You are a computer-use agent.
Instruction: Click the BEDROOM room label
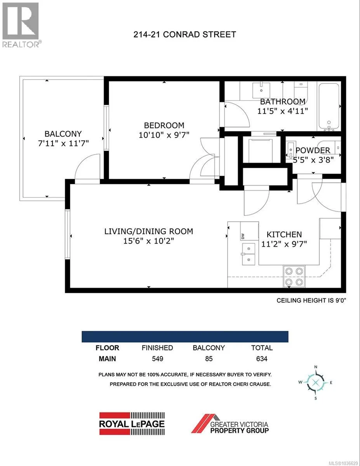pos(164,125)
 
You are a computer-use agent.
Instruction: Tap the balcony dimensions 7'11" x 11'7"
pos(63,143)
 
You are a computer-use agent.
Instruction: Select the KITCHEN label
pos(284,235)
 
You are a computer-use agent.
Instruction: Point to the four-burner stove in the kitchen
pos(294,276)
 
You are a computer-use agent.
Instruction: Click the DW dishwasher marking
pos(243,236)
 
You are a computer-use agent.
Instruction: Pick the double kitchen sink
pos(249,254)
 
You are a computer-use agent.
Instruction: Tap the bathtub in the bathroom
pos(329,106)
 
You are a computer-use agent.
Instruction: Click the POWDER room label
pos(313,150)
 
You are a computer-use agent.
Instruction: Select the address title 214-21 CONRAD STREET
pos(184,34)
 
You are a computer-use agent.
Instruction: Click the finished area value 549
pos(158,358)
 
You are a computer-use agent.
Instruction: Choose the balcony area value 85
pos(209,358)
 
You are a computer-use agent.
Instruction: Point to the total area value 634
pos(262,358)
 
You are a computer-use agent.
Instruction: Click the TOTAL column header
pos(262,348)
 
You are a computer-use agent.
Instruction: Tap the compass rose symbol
pos(315,383)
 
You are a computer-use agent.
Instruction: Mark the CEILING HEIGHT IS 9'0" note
pos(311,301)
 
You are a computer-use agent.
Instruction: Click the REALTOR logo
pos(21,25)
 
